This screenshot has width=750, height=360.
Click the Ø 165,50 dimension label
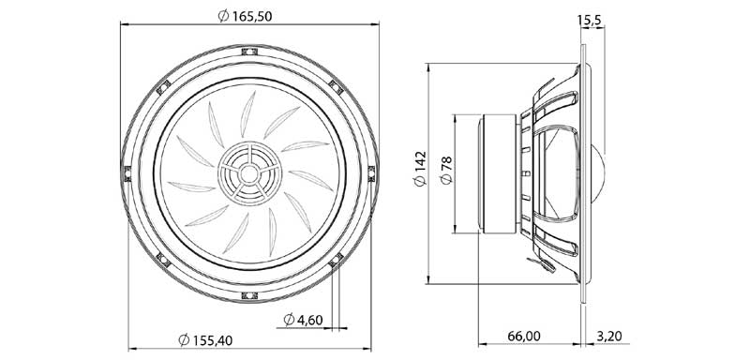[245, 16]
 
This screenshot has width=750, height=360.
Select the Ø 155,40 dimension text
[205, 340]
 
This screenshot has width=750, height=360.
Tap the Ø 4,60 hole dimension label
[303, 320]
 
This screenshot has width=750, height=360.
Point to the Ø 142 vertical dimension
[420, 169]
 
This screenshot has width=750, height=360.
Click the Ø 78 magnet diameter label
[446, 171]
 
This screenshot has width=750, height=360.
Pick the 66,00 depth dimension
[524, 337]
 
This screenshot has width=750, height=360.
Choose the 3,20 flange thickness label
[609, 337]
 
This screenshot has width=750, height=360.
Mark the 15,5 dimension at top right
[590, 20]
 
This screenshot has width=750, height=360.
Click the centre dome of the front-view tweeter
[248, 173]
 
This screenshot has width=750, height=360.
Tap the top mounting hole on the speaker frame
[249, 52]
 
